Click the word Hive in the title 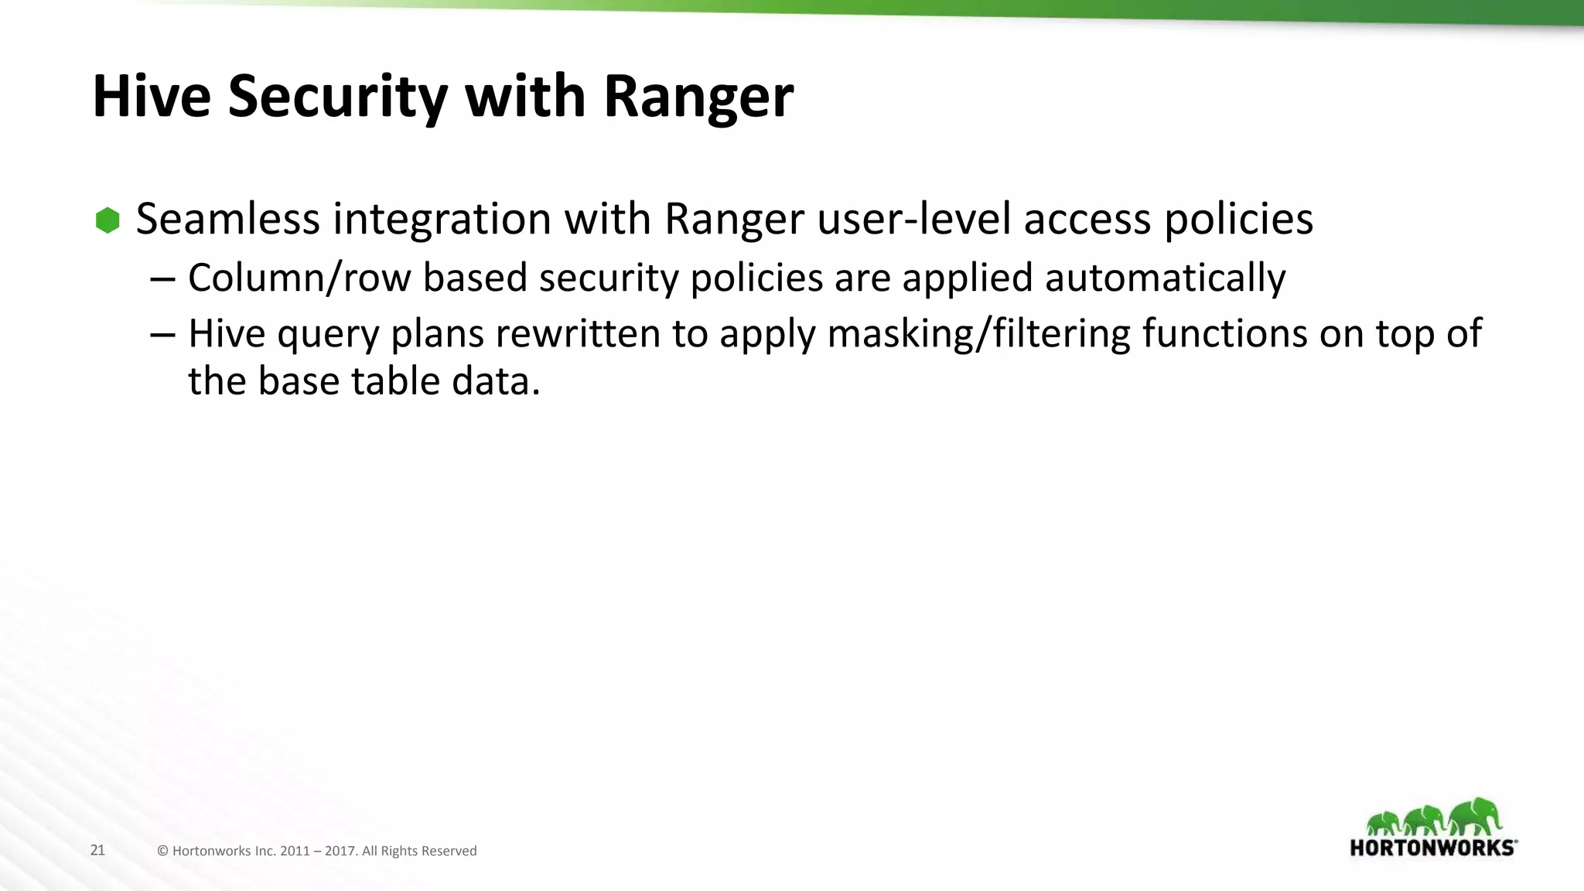coord(152,97)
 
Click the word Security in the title coord(337,97)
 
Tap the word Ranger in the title coord(698,97)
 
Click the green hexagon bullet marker coord(108,220)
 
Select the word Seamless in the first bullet coord(227,219)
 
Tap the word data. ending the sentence coord(496,381)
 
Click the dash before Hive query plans coord(163,336)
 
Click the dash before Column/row coord(163,278)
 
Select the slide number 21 coord(97,850)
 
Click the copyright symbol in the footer coord(162,851)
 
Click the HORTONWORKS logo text coord(1432,848)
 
